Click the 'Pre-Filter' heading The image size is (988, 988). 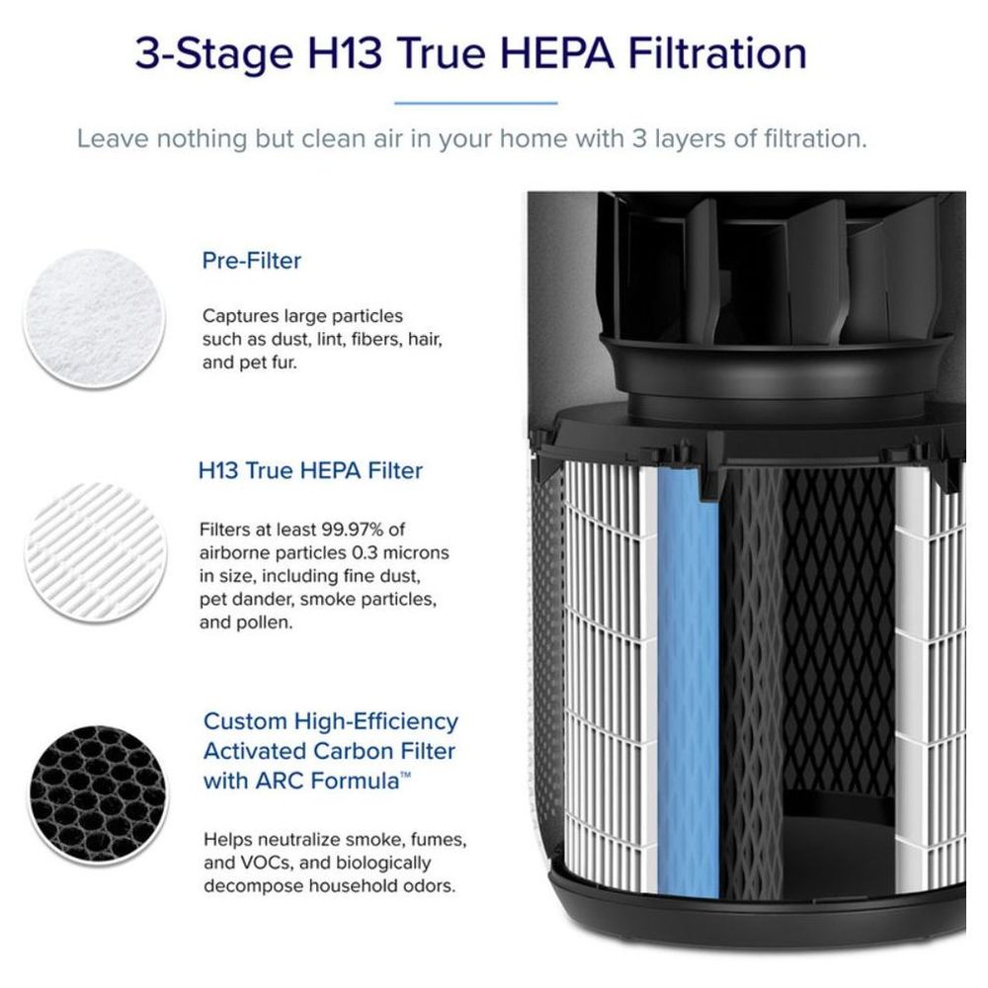(x=251, y=261)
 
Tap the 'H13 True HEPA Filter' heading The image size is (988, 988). (x=310, y=470)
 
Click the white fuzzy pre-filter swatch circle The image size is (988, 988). (x=95, y=317)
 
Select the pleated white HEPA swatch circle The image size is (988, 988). (x=96, y=551)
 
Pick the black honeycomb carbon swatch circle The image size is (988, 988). (x=98, y=794)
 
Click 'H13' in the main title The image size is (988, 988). (x=345, y=53)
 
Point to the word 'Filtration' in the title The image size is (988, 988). (x=717, y=53)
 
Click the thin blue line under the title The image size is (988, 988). (x=476, y=103)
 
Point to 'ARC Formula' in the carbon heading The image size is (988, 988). (x=328, y=782)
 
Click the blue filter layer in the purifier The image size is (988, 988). (x=688, y=684)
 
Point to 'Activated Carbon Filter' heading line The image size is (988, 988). (x=330, y=751)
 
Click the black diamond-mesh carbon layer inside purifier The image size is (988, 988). (x=838, y=630)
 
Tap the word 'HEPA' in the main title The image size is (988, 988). (x=557, y=53)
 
